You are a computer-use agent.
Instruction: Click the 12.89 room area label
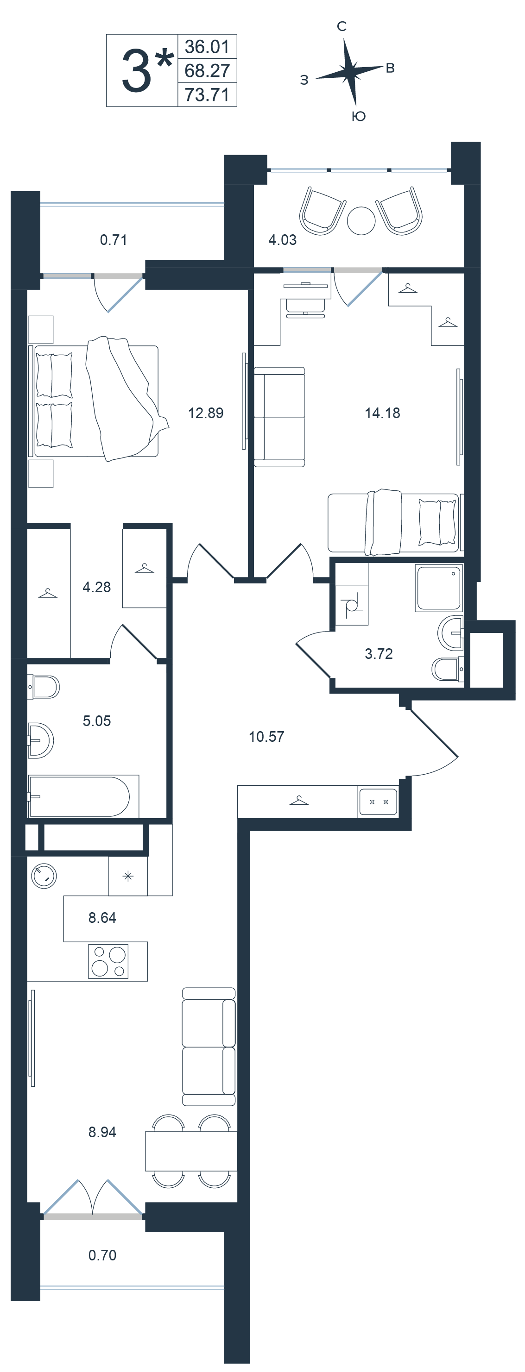coord(206,413)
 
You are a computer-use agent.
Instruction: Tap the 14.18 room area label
coord(382,413)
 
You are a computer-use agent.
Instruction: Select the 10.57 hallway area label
coord(266,737)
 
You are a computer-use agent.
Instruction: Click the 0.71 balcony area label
coord(114,240)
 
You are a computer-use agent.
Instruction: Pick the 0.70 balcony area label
coord(102,1255)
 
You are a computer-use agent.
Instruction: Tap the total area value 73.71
coord(207,95)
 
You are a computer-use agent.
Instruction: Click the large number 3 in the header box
coord(136,71)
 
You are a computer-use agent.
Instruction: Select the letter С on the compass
coord(342,26)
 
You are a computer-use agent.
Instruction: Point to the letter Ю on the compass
coord(359,117)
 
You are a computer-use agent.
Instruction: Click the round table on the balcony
coord(361,220)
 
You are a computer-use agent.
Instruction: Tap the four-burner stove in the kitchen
coord(109,961)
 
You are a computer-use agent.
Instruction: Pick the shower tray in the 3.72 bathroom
coord(439,588)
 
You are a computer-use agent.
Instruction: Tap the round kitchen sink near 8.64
coord(44,876)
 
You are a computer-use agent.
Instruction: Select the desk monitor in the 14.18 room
coord(305,286)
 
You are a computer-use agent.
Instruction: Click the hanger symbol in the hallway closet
coord(299,800)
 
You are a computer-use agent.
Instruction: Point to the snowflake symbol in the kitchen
coord(128,876)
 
